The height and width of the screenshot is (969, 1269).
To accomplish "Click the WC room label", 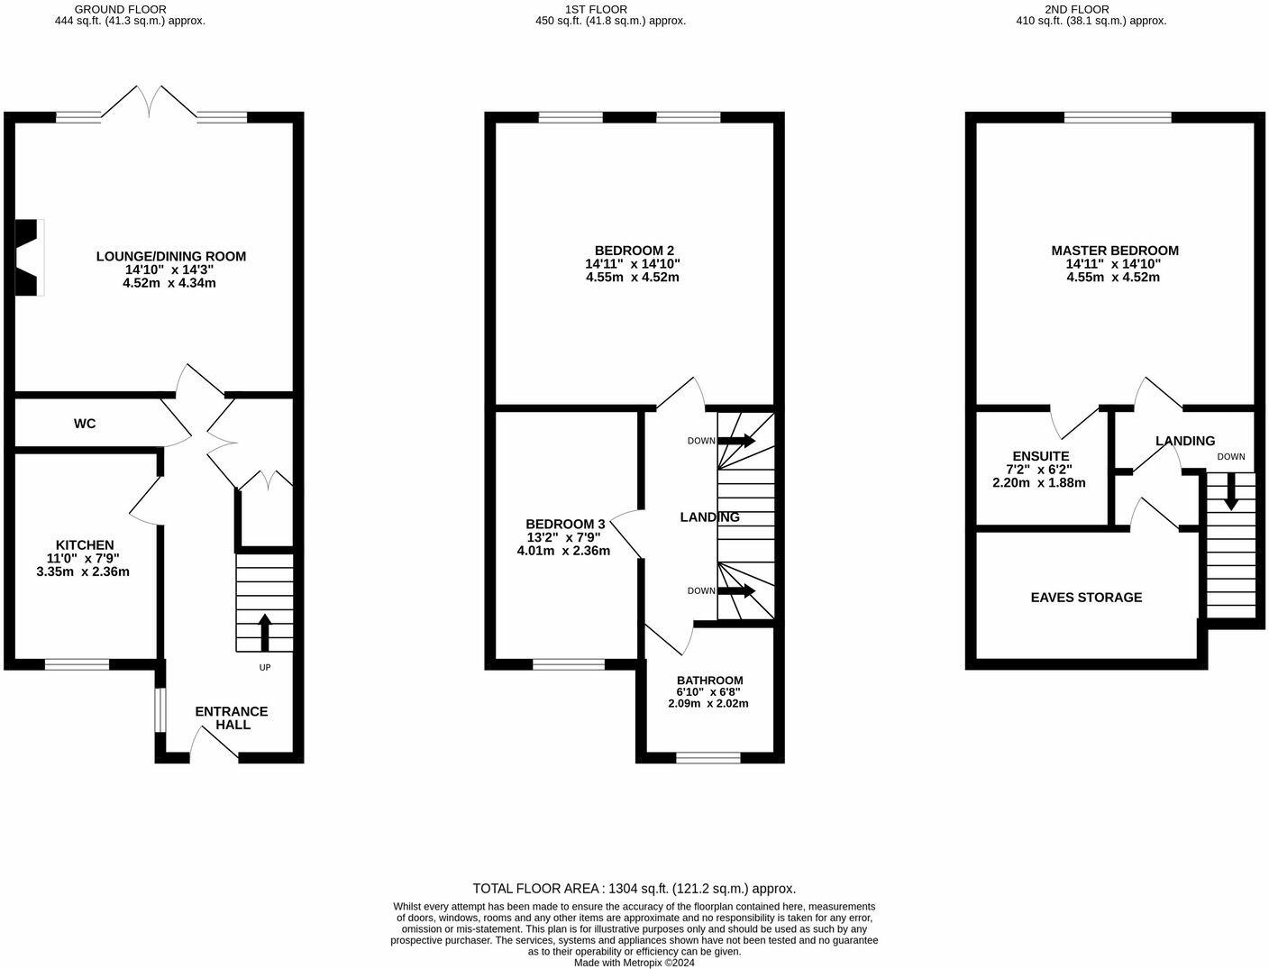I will [85, 424].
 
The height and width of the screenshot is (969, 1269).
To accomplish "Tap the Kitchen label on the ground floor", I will [85, 545].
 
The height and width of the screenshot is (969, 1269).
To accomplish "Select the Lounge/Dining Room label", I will [170, 257].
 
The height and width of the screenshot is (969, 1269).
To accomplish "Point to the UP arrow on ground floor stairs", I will [264, 631].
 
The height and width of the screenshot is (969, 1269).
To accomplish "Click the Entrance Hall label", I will [232, 718].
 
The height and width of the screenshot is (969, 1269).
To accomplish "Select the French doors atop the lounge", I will [149, 102].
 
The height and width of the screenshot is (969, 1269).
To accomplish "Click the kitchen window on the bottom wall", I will [77, 665].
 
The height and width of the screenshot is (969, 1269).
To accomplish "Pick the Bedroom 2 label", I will [634, 251].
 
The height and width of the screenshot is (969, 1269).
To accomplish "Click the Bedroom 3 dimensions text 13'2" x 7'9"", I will [564, 537].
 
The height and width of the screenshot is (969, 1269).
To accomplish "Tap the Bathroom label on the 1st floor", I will [709, 681].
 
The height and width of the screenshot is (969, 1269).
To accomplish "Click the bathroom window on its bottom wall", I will [708, 757].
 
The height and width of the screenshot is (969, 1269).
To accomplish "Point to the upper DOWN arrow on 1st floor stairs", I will [736, 441].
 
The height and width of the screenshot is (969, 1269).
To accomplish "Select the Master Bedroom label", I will [1114, 251].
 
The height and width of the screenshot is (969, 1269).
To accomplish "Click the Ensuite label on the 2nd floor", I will [1040, 457].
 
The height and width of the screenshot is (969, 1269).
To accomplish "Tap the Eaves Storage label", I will [1086, 598].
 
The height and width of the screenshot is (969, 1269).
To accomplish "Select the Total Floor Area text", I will [634, 888].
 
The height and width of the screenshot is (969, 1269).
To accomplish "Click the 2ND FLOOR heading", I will [1091, 9].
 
